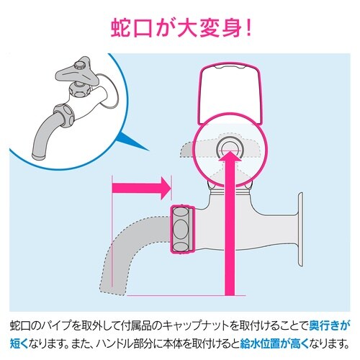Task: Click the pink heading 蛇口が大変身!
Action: (181, 29)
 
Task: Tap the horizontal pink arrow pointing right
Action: (142, 188)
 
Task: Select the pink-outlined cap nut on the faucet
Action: (183, 229)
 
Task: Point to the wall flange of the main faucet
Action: (300, 229)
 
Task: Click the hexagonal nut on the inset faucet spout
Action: (64, 115)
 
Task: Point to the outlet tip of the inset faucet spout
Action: (39, 156)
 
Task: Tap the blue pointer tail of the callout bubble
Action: (131, 142)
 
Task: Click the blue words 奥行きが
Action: (328, 325)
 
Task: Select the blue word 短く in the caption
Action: (19, 343)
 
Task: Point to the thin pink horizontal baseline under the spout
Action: (186, 295)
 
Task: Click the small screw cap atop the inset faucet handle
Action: (79, 64)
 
